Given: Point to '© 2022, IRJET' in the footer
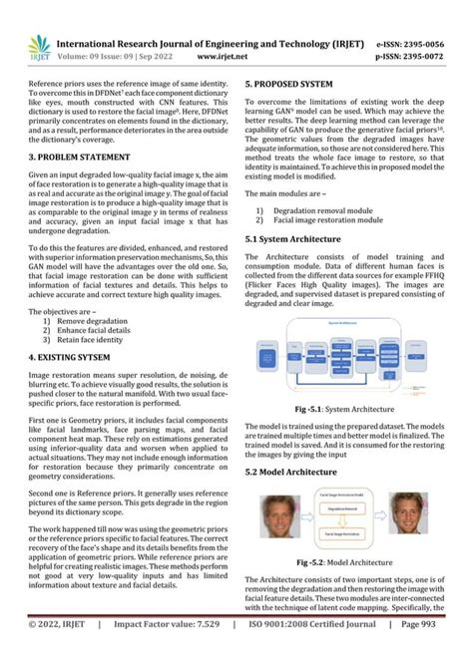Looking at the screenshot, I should [64, 651].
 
